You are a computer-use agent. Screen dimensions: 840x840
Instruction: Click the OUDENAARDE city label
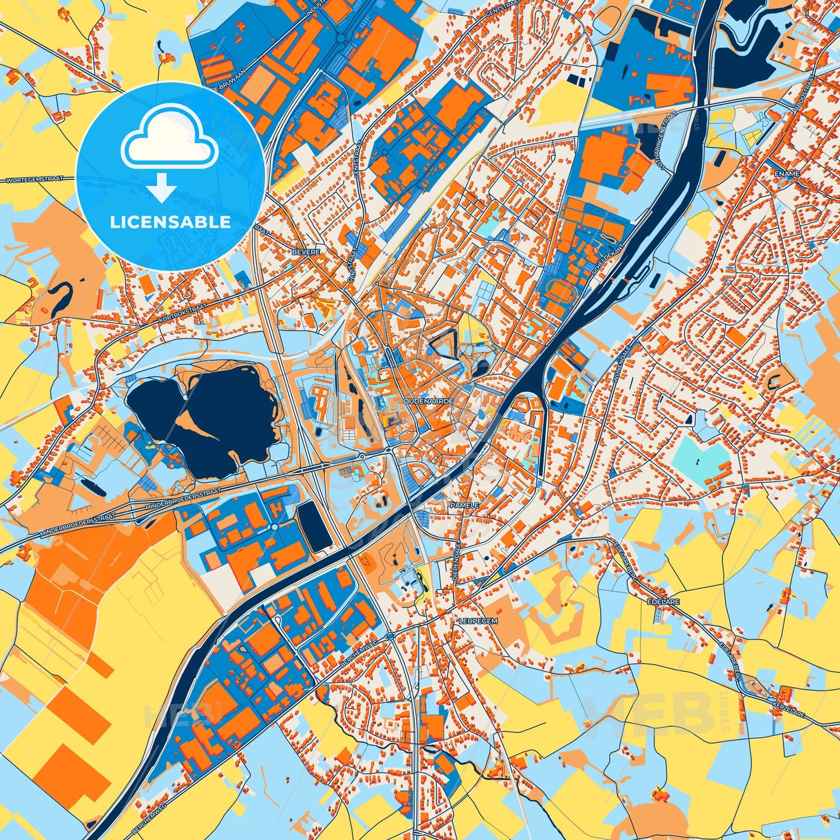(x=429, y=401)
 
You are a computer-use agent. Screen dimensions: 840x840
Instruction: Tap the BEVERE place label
(x=307, y=252)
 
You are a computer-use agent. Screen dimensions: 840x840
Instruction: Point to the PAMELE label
(x=464, y=506)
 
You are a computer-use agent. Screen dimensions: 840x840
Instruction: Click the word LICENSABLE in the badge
(x=170, y=222)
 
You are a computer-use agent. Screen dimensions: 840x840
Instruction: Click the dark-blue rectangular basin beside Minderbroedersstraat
(x=314, y=527)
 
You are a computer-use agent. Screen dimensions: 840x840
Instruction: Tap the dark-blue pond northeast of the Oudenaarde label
(x=482, y=367)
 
